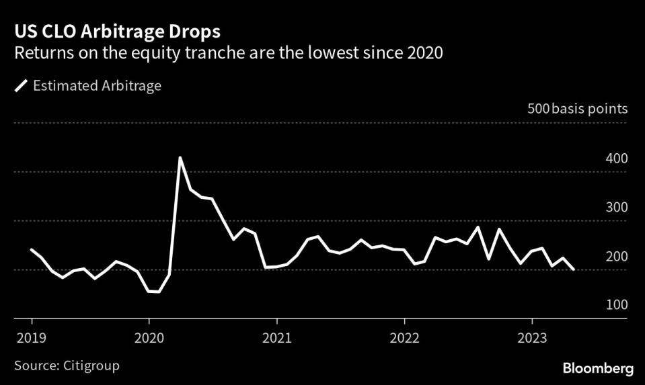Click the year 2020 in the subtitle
(x=424, y=54)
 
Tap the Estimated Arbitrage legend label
(x=97, y=85)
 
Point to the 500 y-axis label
(x=537, y=109)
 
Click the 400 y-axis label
(x=617, y=159)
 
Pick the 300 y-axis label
(x=617, y=207)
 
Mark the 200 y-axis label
(x=617, y=257)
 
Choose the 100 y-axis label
(x=617, y=305)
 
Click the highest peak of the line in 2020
(x=180, y=158)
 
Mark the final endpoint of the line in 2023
(x=574, y=269)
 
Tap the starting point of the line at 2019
(x=32, y=249)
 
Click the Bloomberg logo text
(x=598, y=368)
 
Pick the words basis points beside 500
(x=590, y=109)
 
